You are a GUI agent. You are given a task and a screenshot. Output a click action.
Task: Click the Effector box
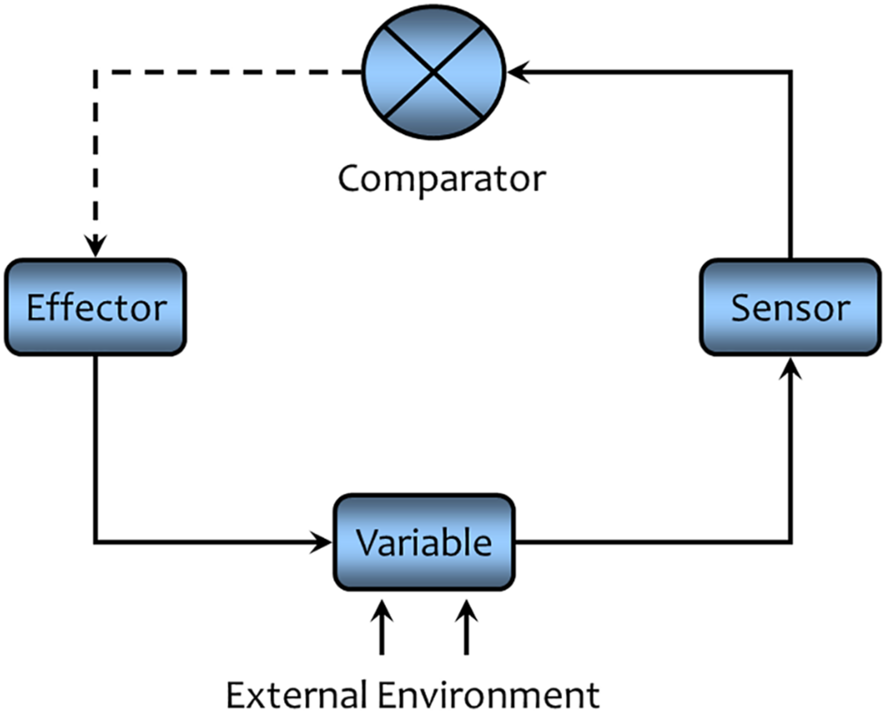tap(95, 307)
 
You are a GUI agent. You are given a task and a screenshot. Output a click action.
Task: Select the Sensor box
tap(790, 307)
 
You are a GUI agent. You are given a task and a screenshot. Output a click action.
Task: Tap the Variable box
tap(424, 542)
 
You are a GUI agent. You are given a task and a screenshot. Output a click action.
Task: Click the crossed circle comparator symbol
tap(433, 73)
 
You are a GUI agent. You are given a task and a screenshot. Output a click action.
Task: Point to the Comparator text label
tap(441, 179)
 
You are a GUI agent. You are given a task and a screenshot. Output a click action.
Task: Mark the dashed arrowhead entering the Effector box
tap(95, 247)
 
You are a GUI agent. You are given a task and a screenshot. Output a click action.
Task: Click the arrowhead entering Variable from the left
tap(322, 542)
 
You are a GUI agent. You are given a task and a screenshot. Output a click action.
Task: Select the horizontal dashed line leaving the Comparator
tap(228, 72)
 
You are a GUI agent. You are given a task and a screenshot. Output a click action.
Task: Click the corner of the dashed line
tap(95, 72)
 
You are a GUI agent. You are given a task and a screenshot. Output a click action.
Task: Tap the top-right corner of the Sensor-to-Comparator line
tap(791, 72)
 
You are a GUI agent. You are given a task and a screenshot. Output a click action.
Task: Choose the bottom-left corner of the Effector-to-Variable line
tap(95, 542)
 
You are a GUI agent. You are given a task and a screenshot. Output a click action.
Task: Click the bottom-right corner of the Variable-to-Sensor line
tap(791, 542)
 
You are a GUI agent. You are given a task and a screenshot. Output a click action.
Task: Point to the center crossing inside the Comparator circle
tap(433, 73)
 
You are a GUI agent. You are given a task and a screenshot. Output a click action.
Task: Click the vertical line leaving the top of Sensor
tap(791, 166)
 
